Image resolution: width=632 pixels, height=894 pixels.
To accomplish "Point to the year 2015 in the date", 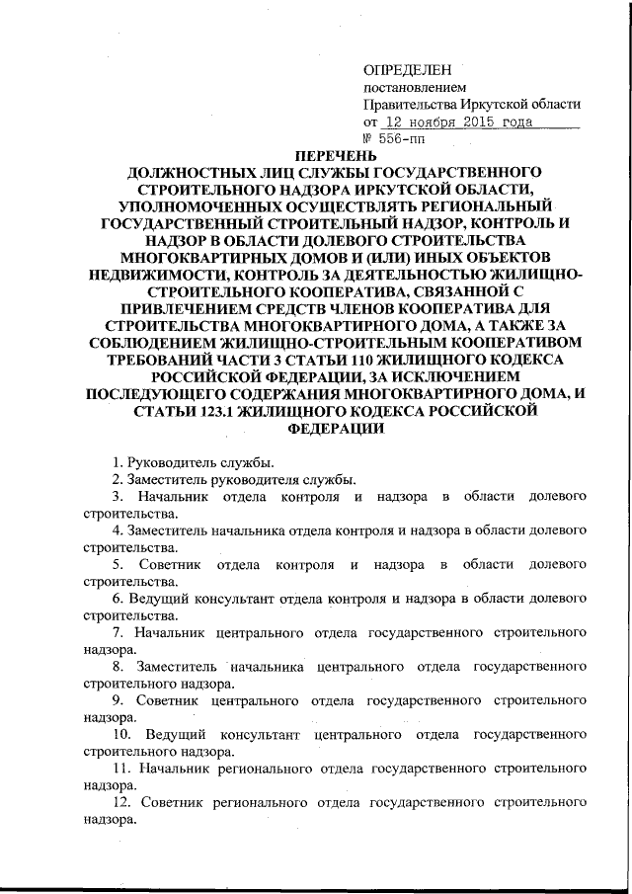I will point(478,122).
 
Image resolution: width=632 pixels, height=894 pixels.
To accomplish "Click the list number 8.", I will point(117,666).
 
